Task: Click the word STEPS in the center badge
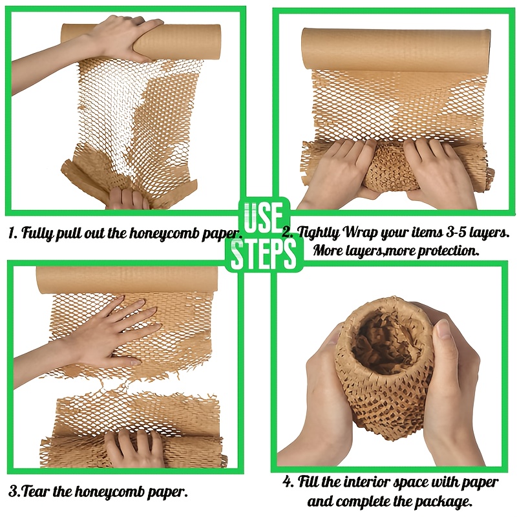pyautogui.click(x=264, y=254)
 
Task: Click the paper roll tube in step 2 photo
pyautogui.click(x=396, y=49)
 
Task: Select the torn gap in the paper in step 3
pyautogui.click(x=132, y=385)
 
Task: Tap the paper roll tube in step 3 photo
pyautogui.click(x=127, y=280)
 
